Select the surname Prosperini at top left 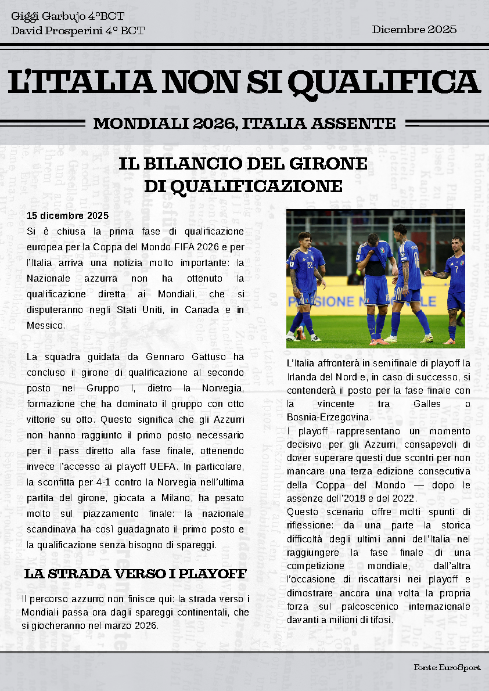coord(70,30)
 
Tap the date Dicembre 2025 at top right coord(414,29)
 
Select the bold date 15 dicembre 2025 coord(68,215)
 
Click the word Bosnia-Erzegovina coord(329,417)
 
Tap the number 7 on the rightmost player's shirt coord(456,269)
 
